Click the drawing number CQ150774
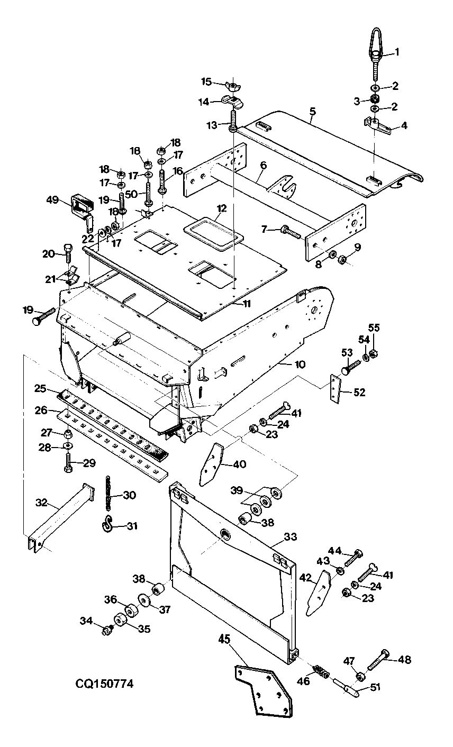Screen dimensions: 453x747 point(104,684)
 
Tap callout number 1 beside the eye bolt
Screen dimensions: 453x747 point(397,52)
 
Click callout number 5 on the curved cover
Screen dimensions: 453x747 point(313,111)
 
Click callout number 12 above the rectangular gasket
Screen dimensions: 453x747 point(222,208)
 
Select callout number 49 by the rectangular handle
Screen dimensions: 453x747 point(52,200)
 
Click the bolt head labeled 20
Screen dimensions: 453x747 point(67,249)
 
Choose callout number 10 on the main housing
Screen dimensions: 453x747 point(300,364)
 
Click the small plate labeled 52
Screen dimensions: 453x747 point(335,389)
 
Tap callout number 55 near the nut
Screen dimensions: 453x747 point(374,328)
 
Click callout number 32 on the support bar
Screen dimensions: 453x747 point(41,503)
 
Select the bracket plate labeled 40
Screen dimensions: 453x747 point(211,464)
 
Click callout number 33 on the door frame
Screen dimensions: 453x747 point(290,537)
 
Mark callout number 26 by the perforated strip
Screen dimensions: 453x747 point(41,410)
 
